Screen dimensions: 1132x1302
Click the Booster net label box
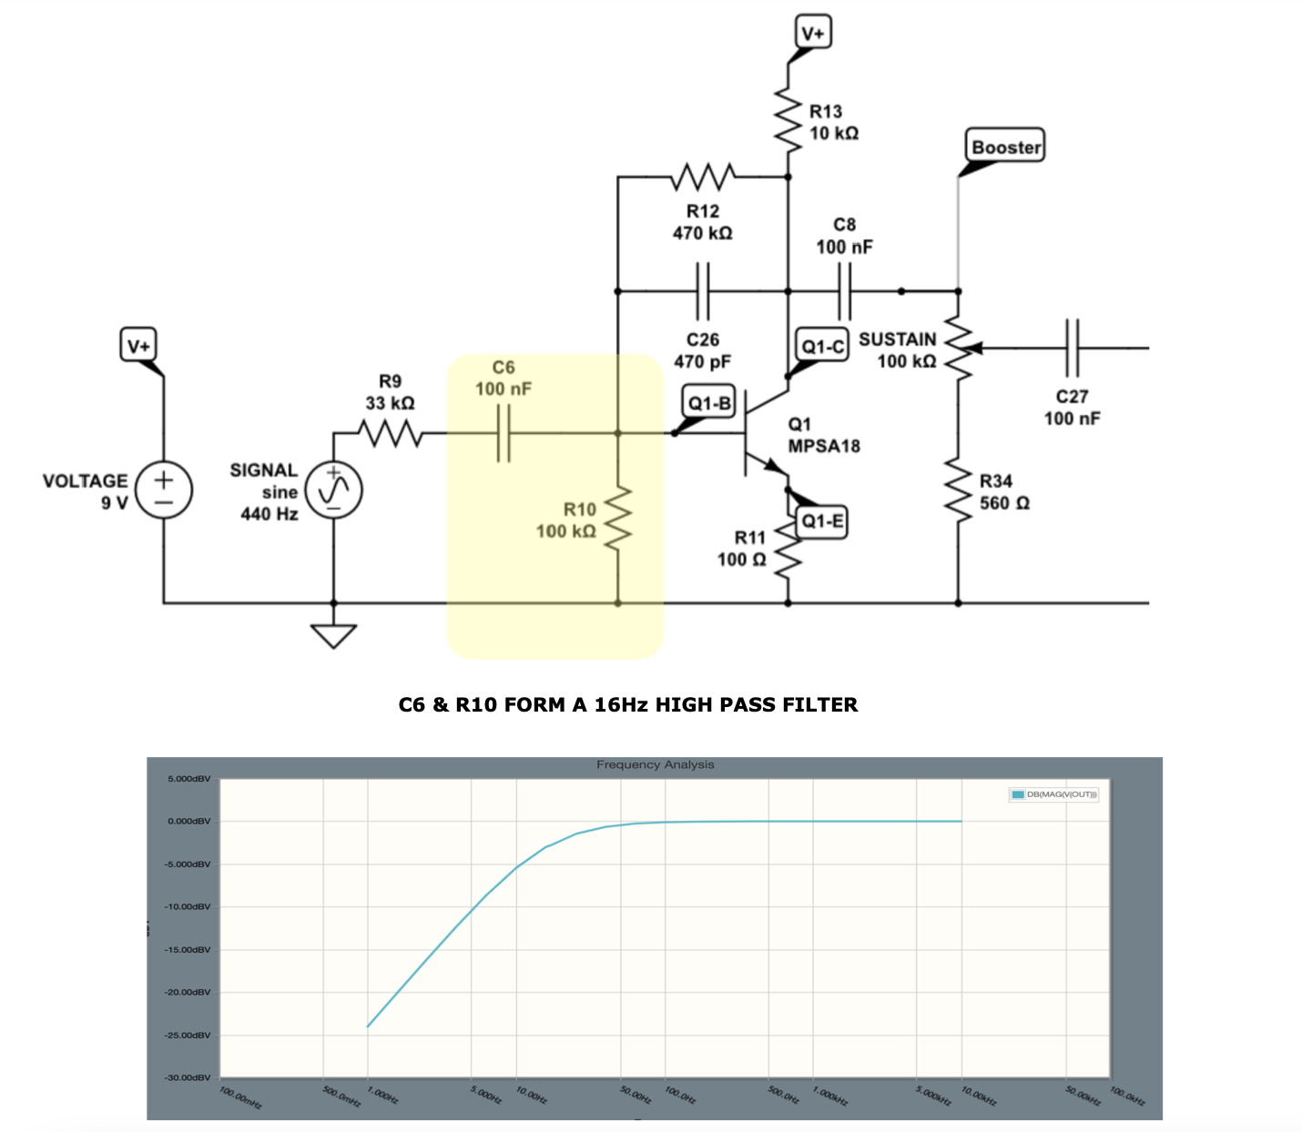tap(1005, 147)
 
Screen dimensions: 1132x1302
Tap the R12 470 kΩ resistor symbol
tap(703, 177)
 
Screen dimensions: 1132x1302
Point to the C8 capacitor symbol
tap(844, 291)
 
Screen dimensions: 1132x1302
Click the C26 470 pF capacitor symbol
tap(703, 291)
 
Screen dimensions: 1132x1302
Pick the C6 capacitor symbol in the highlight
tap(504, 433)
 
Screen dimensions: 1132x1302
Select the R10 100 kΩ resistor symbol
tap(618, 519)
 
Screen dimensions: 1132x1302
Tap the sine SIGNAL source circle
tap(333, 490)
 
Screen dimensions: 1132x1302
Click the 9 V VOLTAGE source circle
tap(164, 490)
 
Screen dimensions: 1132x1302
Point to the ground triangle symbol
tap(333, 635)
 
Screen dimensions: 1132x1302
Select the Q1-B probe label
tap(709, 403)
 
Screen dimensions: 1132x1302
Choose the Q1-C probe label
tap(822, 346)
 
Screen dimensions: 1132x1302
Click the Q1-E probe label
tap(822, 521)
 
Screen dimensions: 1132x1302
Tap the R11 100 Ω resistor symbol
tap(788, 550)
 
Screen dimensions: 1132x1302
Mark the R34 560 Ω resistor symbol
tap(958, 492)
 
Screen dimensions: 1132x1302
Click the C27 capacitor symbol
tap(1072, 348)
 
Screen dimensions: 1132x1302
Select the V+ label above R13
tap(812, 34)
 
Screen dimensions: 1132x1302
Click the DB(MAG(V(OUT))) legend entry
tap(1054, 794)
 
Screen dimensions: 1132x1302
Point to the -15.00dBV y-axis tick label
tap(188, 949)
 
